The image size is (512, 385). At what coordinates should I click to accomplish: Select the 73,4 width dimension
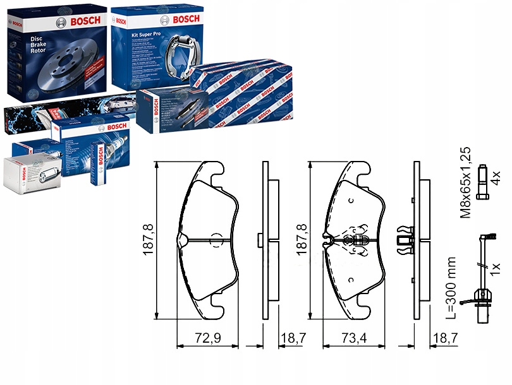[x=355, y=338]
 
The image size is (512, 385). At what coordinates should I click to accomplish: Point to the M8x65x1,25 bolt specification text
[x=466, y=182]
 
